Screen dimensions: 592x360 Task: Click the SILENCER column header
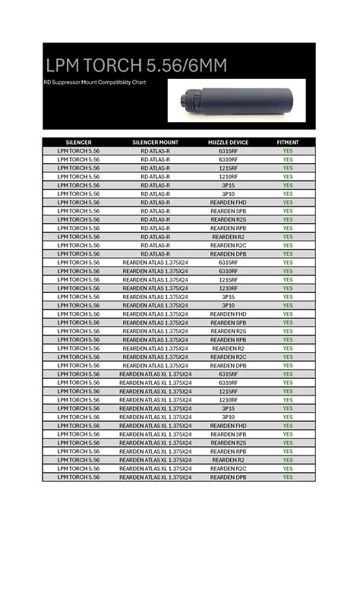[x=79, y=143]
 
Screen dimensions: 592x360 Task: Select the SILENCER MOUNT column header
[x=156, y=143]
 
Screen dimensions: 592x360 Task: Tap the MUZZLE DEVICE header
[x=229, y=143]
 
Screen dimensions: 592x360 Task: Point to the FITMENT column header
[x=288, y=143]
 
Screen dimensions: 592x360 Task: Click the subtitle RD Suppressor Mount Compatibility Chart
[x=94, y=82]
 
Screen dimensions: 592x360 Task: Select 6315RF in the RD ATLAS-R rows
[x=229, y=151]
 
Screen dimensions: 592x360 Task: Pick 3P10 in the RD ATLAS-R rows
[x=229, y=194]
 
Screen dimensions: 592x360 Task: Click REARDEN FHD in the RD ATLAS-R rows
[x=229, y=203]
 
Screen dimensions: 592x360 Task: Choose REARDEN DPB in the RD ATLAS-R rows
[x=229, y=254]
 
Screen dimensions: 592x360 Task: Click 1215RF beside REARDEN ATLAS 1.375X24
[x=229, y=280]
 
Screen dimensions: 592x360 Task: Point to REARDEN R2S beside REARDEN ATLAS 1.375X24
[x=229, y=331]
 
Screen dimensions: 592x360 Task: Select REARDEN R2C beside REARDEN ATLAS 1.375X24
[x=229, y=357]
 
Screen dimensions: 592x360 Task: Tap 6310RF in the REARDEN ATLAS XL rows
[x=229, y=383]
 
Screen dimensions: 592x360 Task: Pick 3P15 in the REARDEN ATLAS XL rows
[x=229, y=408]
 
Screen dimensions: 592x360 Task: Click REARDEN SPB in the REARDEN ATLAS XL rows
[x=229, y=434]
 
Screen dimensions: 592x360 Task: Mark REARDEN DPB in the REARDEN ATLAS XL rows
[x=229, y=477]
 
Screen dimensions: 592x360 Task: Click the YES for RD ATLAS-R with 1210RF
[x=288, y=177]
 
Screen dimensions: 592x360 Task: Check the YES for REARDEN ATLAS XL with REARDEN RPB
[x=288, y=452]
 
